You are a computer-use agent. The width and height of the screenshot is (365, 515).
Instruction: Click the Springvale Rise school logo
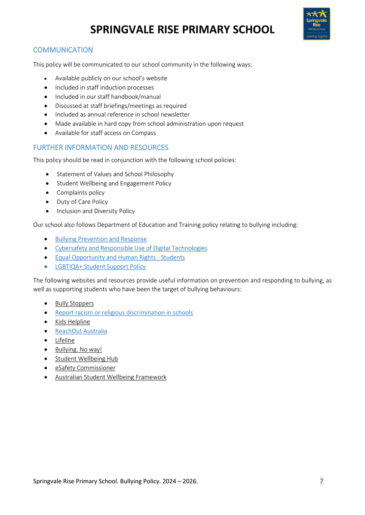click(316, 24)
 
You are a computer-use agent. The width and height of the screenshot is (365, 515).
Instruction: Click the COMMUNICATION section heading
click(63, 50)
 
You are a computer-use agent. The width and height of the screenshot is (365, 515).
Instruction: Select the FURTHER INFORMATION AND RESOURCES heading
click(101, 148)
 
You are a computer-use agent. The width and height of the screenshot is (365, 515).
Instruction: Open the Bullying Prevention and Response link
click(101, 239)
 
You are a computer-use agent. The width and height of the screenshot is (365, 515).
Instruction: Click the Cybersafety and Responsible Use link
click(131, 248)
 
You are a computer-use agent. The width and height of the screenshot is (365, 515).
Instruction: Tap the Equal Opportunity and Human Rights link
click(120, 257)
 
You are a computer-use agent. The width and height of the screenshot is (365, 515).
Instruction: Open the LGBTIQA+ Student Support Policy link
click(100, 267)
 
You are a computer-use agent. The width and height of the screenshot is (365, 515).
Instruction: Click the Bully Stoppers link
click(74, 303)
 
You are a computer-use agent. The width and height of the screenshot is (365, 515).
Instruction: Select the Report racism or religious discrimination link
click(124, 312)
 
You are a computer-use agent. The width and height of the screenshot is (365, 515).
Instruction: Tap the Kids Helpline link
click(72, 322)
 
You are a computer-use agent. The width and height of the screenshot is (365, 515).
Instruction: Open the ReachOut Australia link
click(81, 331)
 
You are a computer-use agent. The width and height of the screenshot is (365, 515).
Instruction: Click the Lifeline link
click(64, 340)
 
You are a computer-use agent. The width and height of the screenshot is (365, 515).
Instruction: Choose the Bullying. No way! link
click(78, 349)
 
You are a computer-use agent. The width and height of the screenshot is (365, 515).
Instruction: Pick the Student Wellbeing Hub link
click(86, 359)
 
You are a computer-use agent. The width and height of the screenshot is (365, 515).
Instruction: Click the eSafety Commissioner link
click(85, 368)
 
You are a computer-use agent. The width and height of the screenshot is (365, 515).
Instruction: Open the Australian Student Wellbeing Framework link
click(110, 377)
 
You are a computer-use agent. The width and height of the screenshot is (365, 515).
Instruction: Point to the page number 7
click(322, 481)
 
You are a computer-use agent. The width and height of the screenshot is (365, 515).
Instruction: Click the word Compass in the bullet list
click(144, 133)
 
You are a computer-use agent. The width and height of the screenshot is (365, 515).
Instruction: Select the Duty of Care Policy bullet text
click(82, 202)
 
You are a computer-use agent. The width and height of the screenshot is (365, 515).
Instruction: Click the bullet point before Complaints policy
click(46, 193)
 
